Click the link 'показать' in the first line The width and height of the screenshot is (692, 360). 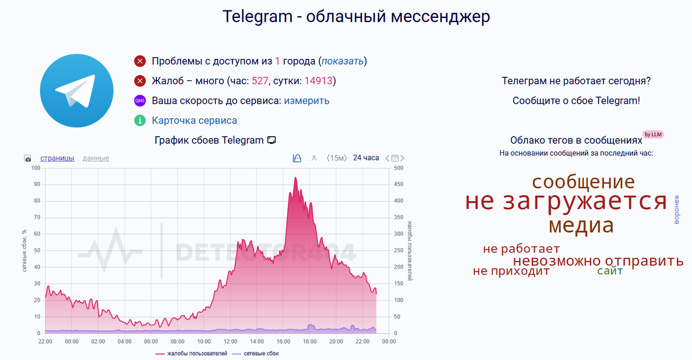pyautogui.click(x=343, y=61)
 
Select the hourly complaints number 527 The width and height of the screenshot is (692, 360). pyautogui.click(x=260, y=81)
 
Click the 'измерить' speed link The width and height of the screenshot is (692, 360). pyautogui.click(x=306, y=100)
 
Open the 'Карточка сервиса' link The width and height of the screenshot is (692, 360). pyautogui.click(x=194, y=121)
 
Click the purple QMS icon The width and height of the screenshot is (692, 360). pyautogui.click(x=140, y=100)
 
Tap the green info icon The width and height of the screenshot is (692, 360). pyautogui.click(x=140, y=121)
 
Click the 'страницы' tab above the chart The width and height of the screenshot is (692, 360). pyautogui.click(x=57, y=158)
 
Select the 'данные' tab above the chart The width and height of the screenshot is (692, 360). pyautogui.click(x=96, y=158)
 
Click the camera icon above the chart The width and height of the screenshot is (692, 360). pyautogui.click(x=28, y=158)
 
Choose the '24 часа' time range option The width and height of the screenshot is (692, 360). pyautogui.click(x=366, y=157)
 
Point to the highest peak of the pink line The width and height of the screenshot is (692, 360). pyautogui.click(x=295, y=178)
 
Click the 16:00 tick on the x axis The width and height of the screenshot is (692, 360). pyautogui.click(x=283, y=341)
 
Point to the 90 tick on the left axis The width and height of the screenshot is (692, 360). pyautogui.click(x=37, y=185)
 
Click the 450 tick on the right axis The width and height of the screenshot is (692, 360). pyautogui.click(x=398, y=185)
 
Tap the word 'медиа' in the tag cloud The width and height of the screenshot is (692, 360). pyautogui.click(x=581, y=226)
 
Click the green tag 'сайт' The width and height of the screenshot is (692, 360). pyautogui.click(x=610, y=271)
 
